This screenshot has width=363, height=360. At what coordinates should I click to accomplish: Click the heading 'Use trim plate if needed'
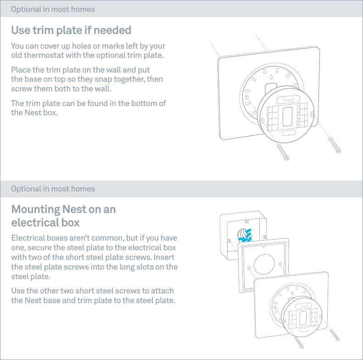(71, 30)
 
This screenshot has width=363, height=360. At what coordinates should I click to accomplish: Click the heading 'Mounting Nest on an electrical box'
(63, 216)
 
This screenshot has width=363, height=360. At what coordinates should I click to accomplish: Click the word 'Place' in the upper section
(21, 70)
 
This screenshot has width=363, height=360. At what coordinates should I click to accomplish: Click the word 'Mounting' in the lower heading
(35, 209)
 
